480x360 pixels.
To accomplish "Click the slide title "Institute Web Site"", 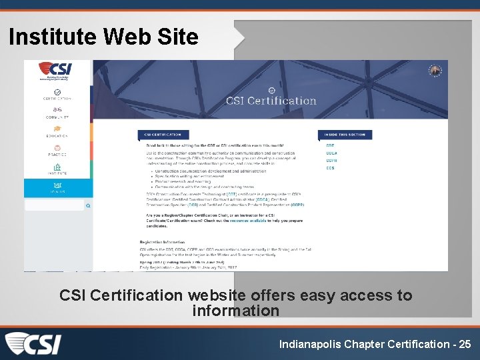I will click(103, 37).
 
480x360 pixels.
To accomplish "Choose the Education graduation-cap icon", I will click(57, 129).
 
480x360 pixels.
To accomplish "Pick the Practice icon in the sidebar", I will click(57, 148).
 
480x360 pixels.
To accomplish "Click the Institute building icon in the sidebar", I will click(57, 167).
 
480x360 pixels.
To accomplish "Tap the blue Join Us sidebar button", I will click(57, 187).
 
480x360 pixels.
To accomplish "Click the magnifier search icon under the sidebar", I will click(87, 206).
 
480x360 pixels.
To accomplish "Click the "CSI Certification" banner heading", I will click(271, 101).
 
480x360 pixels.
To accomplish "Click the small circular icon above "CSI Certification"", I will click(271, 90).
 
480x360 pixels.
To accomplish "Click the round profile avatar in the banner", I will click(436, 71).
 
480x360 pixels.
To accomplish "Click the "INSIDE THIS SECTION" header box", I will click(346, 135).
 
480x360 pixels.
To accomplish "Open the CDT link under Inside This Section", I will click(330, 145).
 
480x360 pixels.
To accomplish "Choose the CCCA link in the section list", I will click(331, 153).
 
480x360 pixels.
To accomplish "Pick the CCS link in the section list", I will click(330, 168).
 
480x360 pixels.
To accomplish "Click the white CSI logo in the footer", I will click(33, 344).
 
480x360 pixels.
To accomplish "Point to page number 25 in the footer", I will click(465, 344).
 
